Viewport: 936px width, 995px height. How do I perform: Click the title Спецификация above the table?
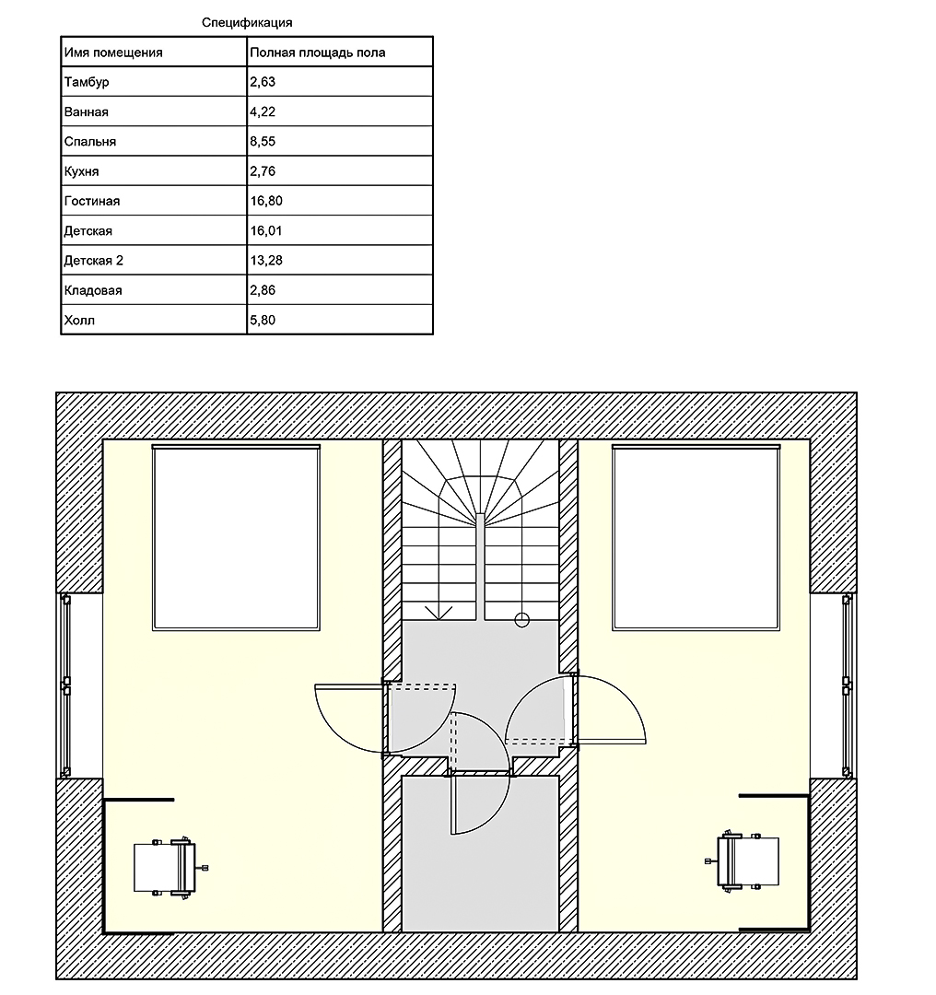click(247, 23)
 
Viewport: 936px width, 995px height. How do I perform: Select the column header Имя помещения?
click(113, 53)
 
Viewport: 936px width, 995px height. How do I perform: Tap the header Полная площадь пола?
click(317, 53)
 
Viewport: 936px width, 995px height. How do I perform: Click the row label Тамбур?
click(87, 83)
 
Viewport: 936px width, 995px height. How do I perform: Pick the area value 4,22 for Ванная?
click(263, 112)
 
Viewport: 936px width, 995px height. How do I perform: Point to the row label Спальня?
click(90, 142)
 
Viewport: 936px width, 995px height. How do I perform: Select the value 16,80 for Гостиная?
click(266, 201)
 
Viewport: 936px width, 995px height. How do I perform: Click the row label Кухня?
click(81, 171)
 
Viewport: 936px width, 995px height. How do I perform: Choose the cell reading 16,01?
click(266, 231)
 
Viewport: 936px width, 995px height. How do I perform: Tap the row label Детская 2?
click(93, 261)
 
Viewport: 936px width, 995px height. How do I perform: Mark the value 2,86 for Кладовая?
click(263, 290)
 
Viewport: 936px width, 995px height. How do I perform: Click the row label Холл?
click(79, 321)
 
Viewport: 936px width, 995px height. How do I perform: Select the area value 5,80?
click(263, 321)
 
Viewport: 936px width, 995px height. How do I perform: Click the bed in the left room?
click(236, 537)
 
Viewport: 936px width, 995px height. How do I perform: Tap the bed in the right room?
click(696, 537)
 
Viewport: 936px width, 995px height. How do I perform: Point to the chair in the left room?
click(170, 868)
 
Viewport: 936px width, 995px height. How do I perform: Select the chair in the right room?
click(743, 860)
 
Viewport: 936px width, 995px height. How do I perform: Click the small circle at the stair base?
click(521, 620)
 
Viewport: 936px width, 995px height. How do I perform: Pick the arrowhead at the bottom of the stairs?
click(439, 613)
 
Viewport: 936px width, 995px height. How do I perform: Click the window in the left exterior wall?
click(65, 686)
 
